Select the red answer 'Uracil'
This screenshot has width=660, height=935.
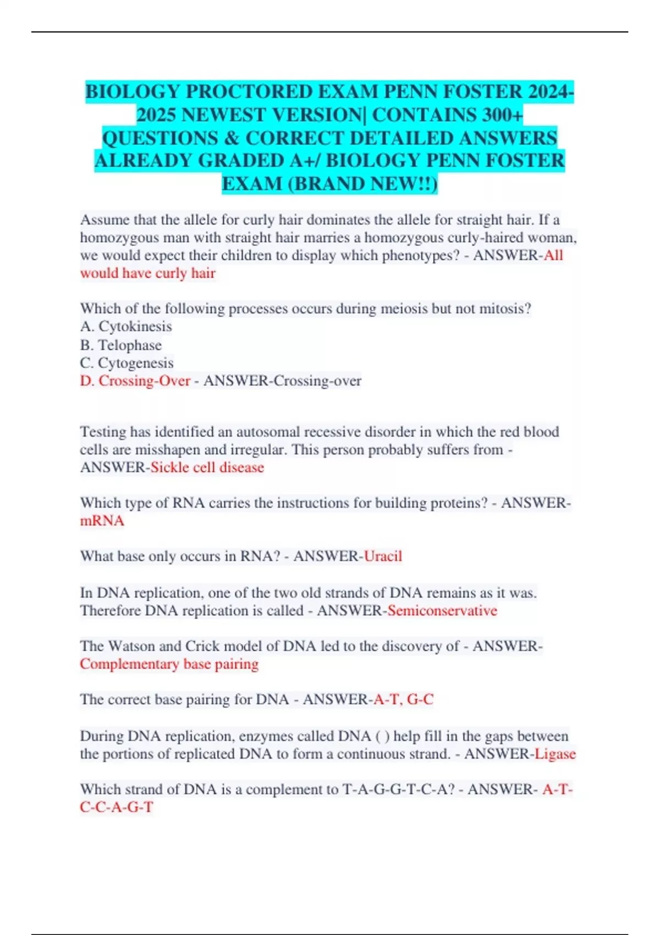pos(383,556)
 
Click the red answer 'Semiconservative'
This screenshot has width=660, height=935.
pos(442,610)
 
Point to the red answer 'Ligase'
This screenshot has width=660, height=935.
pos(555,754)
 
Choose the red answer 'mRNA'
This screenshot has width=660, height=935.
pos(102,520)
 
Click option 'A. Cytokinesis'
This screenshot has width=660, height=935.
pos(126,326)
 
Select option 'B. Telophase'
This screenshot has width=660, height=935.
pos(121,345)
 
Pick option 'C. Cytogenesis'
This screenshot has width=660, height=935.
pos(127,363)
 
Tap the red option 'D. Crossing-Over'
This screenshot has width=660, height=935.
pos(135,381)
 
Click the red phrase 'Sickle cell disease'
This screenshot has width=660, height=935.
pos(207,468)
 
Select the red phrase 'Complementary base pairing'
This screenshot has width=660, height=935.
pos(169,664)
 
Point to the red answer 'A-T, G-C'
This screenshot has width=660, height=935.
pos(403,699)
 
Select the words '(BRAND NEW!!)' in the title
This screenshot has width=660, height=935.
pos(362,184)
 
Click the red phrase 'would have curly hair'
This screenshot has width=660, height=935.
pos(147,273)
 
